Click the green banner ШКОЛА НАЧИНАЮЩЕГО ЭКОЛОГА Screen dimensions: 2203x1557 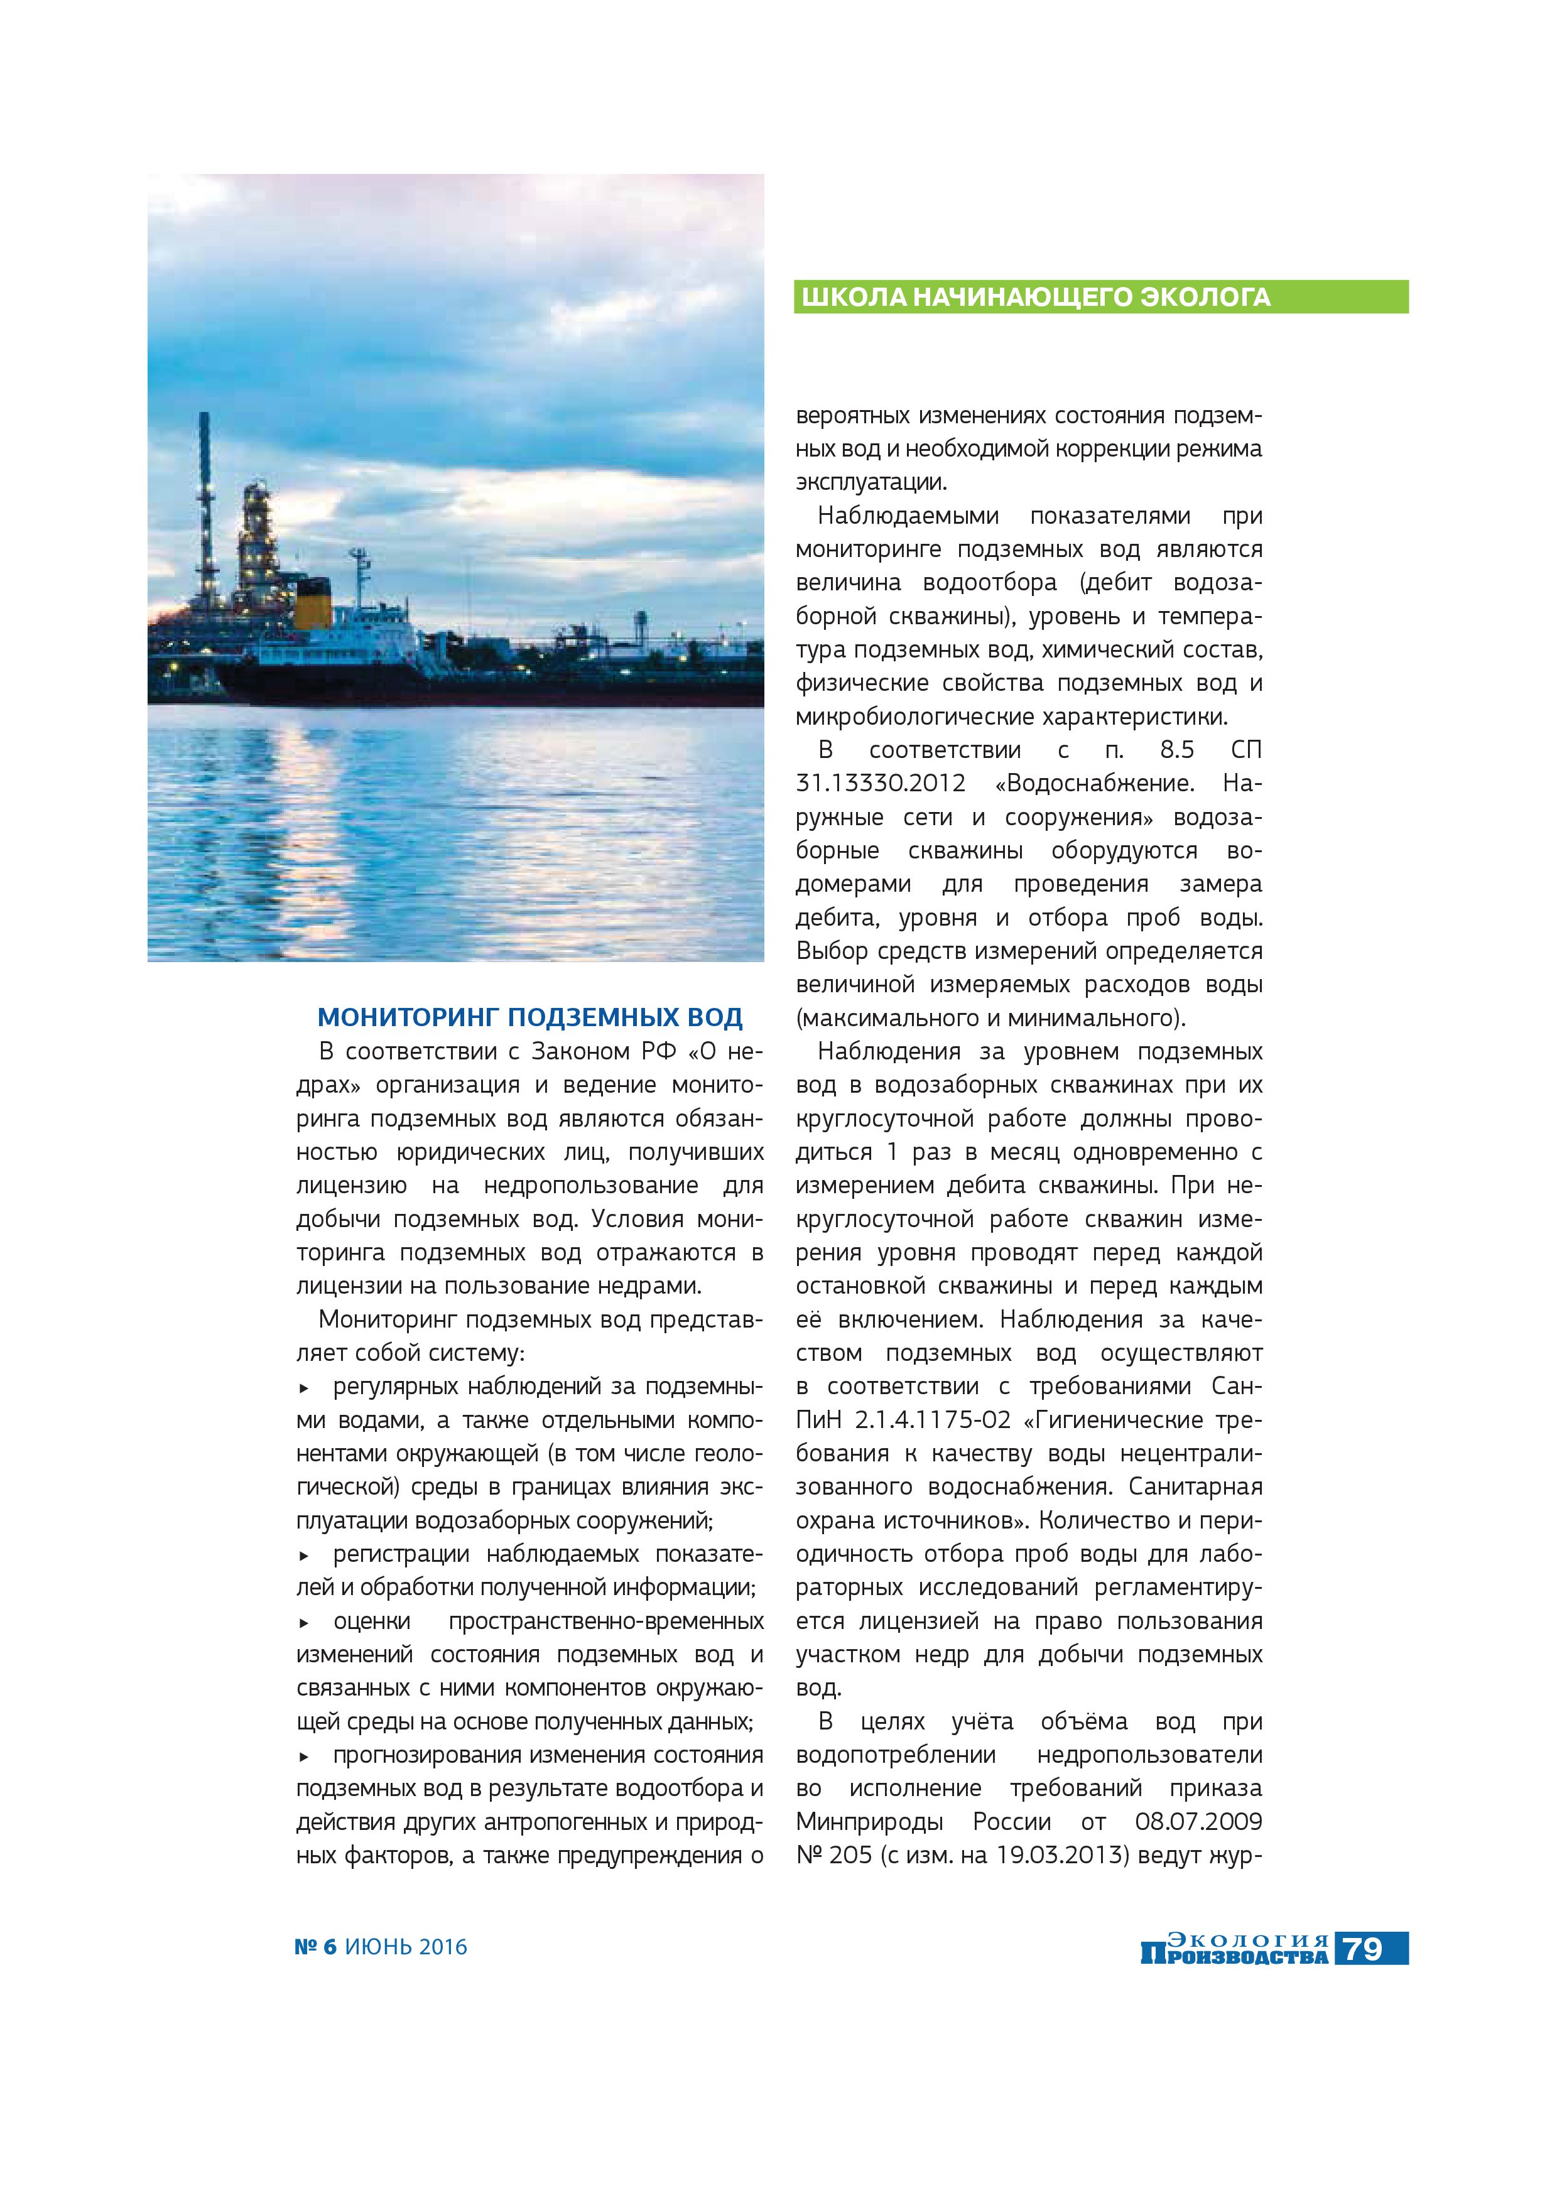(1100, 296)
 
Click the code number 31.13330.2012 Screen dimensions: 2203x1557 (881, 783)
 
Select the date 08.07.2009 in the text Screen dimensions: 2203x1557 (1198, 1821)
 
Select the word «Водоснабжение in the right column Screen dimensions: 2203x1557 (1095, 783)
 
